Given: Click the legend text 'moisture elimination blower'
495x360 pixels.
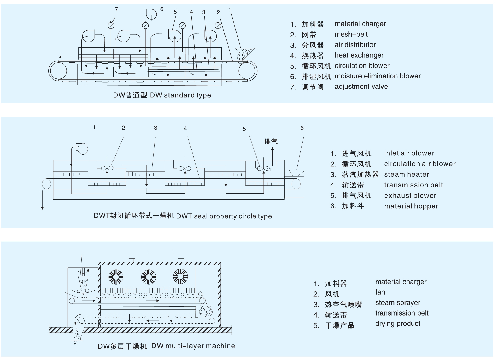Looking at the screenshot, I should [x=377, y=76].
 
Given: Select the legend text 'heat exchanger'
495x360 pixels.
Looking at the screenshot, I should [x=359, y=55].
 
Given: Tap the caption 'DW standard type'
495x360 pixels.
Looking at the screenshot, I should [x=180, y=95].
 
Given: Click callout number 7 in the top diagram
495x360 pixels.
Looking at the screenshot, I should [x=116, y=9].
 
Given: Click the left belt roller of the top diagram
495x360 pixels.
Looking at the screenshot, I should [x=58, y=70].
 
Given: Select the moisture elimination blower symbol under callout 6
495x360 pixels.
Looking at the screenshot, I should [x=151, y=14].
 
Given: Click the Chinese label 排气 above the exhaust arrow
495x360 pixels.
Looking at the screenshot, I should [x=271, y=141].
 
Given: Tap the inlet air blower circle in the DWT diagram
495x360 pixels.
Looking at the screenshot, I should [x=82, y=149].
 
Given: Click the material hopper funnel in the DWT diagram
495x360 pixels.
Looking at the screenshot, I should [x=297, y=173].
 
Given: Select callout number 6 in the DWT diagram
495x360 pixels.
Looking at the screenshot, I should [x=302, y=128].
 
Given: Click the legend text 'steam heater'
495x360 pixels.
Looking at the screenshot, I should [x=407, y=174].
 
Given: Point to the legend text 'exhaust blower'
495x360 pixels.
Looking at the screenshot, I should [x=410, y=196].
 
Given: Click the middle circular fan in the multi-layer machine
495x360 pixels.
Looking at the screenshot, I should [x=149, y=277].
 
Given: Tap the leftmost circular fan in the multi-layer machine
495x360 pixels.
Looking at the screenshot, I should [x=116, y=277].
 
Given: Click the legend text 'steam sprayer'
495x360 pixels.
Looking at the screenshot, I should [x=398, y=303].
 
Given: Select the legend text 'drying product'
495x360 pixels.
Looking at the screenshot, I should [x=398, y=324].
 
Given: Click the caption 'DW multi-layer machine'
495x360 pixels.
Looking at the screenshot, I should [x=193, y=346].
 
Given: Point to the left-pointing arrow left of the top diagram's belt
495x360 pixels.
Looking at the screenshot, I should [x=64, y=57].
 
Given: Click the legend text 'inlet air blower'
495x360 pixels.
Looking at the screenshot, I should [x=409, y=153].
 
